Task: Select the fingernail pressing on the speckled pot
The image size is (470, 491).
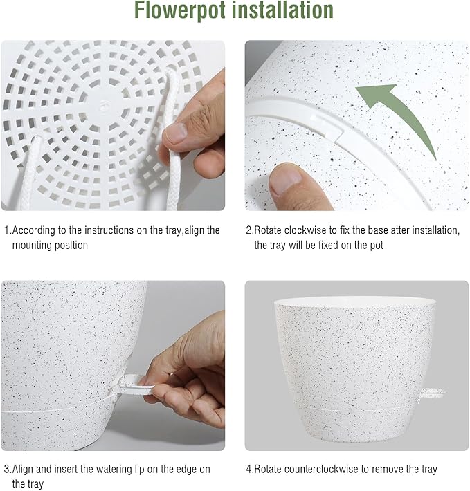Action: pyautogui.click(x=286, y=178)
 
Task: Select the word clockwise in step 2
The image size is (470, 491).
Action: pyautogui.click(x=307, y=230)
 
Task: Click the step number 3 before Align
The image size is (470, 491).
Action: pyautogui.click(x=7, y=469)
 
